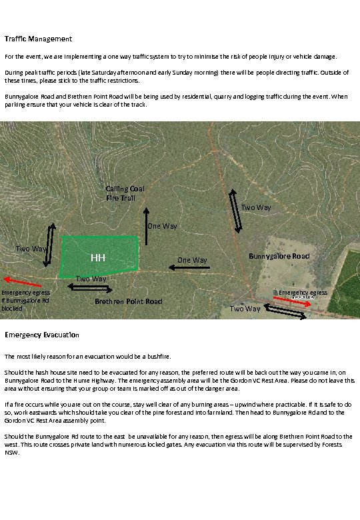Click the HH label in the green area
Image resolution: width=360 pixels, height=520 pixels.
point(98,258)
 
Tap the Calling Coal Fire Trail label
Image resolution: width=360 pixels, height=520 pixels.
point(125,193)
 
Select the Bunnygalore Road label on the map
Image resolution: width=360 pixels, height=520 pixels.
point(279,256)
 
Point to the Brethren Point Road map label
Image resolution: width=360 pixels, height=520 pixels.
point(129,301)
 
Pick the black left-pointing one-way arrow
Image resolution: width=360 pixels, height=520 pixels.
point(189,267)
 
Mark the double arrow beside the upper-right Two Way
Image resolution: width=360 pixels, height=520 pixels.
point(235,211)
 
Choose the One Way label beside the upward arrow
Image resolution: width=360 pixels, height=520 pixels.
point(162,227)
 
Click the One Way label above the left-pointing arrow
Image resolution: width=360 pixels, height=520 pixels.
point(192,260)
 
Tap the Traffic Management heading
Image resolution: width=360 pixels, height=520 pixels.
point(38,39)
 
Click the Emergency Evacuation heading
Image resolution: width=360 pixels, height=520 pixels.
point(41,334)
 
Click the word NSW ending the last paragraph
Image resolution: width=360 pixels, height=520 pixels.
point(11,453)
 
